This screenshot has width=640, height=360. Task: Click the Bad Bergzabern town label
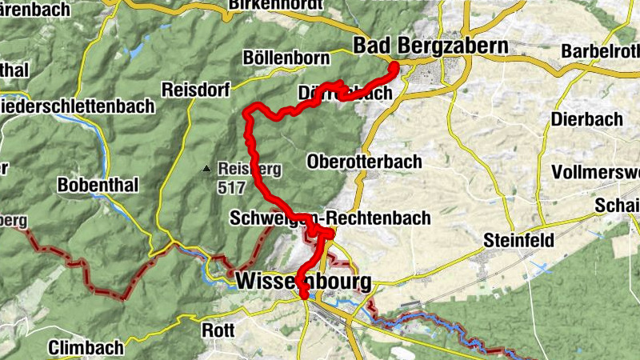tap(430, 46)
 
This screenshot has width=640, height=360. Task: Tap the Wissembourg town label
tap(304, 282)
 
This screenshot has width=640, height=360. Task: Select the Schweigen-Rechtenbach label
tap(330, 218)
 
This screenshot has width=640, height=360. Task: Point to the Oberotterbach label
tap(364, 162)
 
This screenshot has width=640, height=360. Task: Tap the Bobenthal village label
tap(98, 185)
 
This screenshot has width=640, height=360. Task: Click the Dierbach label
tap(586, 119)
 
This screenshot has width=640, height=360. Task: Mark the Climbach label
tap(86, 347)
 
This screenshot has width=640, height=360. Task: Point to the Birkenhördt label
tap(272, 5)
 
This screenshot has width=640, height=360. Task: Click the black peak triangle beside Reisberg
tap(206, 169)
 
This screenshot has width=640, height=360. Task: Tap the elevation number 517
tap(229, 190)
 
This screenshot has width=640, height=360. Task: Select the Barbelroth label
tap(600, 51)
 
